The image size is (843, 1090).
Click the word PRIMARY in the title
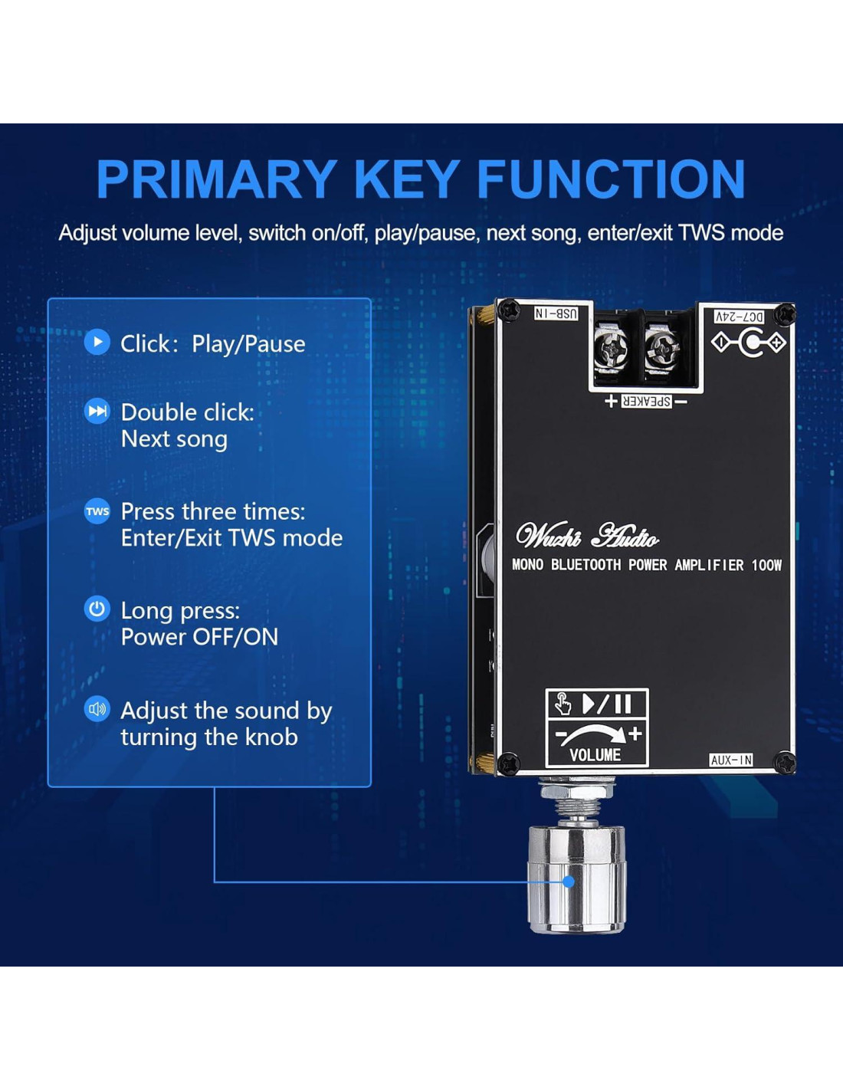216,179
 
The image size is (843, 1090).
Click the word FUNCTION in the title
611,179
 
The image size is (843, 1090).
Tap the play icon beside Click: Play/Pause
97,342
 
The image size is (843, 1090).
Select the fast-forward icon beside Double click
97,411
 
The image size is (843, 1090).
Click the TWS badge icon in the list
97,511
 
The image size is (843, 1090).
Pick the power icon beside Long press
97,609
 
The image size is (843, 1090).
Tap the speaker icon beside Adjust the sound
97,709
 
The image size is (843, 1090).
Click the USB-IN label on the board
556,314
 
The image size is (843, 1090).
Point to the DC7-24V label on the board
739,317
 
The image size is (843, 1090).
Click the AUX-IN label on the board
731,760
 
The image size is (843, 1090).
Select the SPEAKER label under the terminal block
646,401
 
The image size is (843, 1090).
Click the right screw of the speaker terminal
661,350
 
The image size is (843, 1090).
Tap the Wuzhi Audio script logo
587,536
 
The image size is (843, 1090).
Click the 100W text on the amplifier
766,565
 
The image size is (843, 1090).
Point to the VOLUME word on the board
595,755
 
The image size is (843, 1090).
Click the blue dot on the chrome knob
569,882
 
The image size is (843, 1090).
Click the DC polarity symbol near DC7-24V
749,343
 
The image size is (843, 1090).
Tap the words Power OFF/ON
199,637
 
